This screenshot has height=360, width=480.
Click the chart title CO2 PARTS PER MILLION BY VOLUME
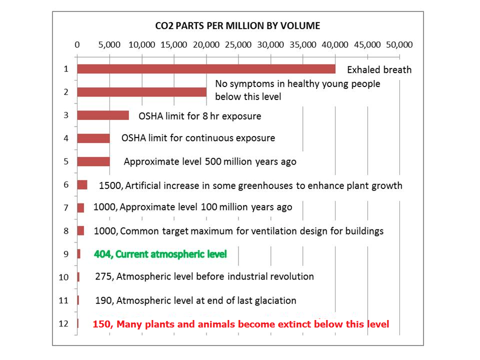[x=236, y=25]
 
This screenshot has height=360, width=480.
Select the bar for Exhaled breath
[x=206, y=69]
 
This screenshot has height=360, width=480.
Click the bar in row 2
[x=141, y=92]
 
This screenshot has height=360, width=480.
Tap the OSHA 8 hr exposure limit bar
[x=103, y=115]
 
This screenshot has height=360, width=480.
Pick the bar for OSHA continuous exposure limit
[x=93, y=138]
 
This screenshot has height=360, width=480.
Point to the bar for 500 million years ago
[x=93, y=161]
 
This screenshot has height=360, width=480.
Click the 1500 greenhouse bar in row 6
[x=82, y=185]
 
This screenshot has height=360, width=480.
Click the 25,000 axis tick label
[x=238, y=44]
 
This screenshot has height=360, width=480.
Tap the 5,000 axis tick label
[x=109, y=44]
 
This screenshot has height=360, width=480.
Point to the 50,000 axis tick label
[x=399, y=44]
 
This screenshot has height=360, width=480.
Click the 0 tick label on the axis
[x=77, y=44]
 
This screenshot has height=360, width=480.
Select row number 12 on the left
[x=63, y=323]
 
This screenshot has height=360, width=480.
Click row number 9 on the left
[x=65, y=254]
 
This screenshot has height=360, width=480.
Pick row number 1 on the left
[x=65, y=68]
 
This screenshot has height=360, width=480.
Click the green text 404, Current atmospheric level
[x=160, y=254]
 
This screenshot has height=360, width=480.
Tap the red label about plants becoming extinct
[x=240, y=324]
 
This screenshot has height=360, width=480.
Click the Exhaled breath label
[x=379, y=70]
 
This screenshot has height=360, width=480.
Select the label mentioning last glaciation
[x=195, y=300]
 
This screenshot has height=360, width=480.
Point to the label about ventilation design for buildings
[x=238, y=231]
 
